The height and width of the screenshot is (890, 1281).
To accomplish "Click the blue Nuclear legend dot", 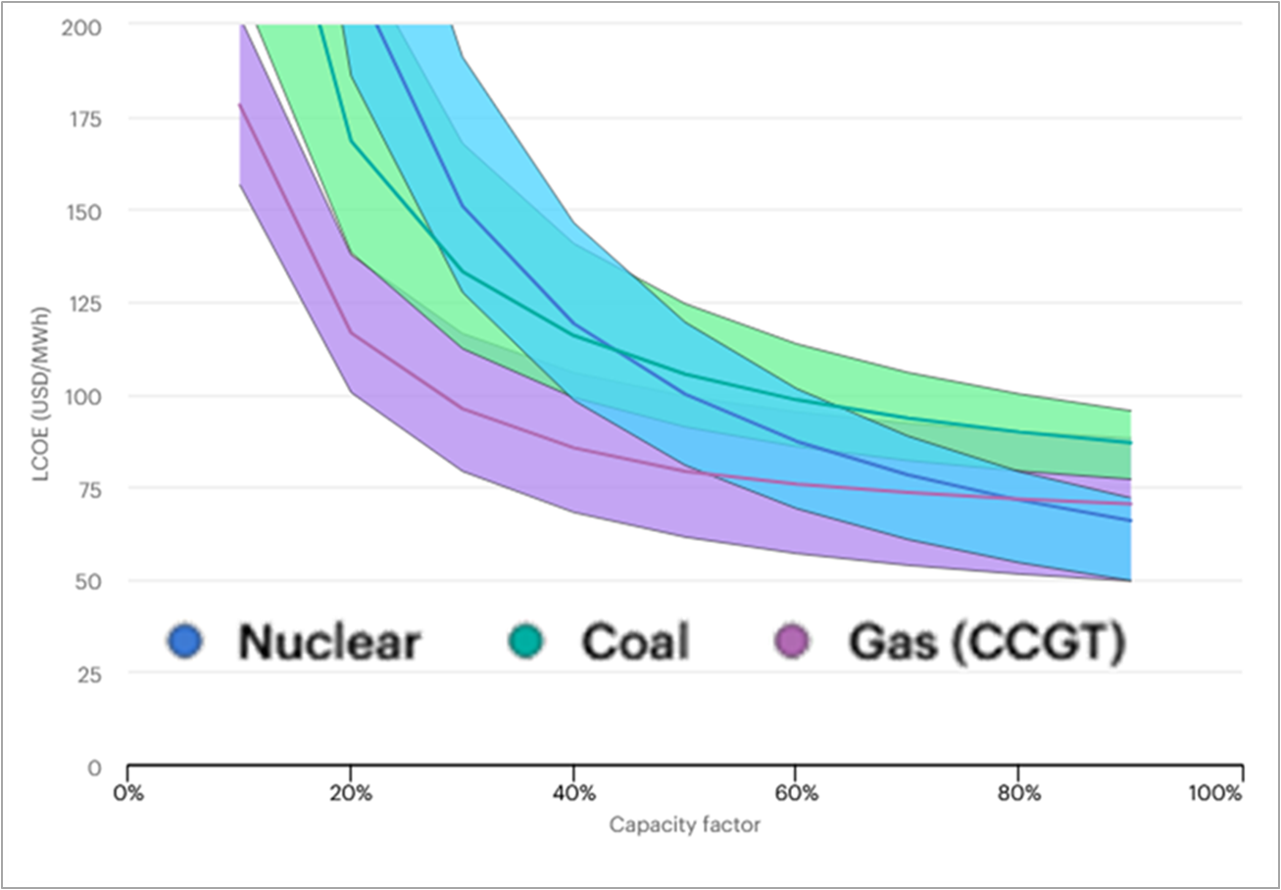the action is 185,641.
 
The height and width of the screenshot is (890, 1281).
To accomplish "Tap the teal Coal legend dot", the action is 525,641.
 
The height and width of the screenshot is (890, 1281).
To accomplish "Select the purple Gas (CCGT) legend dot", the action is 792,641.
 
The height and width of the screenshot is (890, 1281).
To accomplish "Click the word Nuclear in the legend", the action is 330,641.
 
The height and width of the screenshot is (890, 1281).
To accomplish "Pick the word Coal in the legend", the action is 635,641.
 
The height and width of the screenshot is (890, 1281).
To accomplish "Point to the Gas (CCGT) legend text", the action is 987,643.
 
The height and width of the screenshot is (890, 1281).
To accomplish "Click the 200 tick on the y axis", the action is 81,26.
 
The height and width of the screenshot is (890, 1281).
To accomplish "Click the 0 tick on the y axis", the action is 95,767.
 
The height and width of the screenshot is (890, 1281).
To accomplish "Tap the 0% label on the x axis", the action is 128,794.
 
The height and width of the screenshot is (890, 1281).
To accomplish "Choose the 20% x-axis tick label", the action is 351,794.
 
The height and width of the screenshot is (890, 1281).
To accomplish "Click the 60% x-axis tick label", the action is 796,794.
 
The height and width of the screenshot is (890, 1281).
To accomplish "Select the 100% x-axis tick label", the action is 1215,794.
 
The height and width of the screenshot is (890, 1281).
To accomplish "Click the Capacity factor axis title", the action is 684,824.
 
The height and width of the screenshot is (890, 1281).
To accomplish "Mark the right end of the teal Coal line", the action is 1131,443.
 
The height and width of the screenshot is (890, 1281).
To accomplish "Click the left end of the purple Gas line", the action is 239,104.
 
